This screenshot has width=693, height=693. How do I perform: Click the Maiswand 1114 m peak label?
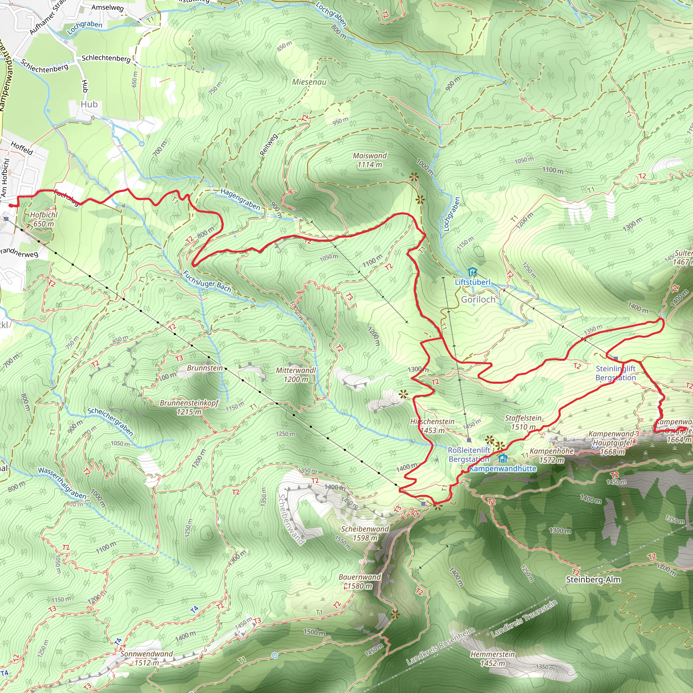(370, 160)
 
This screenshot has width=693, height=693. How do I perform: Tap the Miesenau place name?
(309, 82)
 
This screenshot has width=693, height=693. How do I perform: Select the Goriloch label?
(478, 299)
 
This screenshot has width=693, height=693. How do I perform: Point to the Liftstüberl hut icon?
(472, 272)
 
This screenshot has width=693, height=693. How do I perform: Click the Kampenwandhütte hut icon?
(503, 459)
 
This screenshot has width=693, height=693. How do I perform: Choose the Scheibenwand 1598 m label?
(365, 533)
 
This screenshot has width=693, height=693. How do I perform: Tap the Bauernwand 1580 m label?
(359, 581)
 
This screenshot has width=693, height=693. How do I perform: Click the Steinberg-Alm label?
(593, 579)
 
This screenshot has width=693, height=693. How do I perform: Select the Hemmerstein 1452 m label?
(492, 658)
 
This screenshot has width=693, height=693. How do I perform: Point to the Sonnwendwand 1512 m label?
(146, 658)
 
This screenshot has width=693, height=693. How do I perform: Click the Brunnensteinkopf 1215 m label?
(189, 407)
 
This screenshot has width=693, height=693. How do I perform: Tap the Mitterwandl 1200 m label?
(296, 375)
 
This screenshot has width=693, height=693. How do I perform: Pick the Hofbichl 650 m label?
(44, 219)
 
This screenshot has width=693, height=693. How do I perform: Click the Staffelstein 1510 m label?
(523, 422)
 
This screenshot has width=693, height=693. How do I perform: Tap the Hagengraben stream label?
(240, 199)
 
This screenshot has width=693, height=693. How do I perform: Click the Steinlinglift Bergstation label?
(615, 373)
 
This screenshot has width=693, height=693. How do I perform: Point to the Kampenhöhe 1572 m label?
(552, 455)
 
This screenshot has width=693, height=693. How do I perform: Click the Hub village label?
(89, 104)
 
